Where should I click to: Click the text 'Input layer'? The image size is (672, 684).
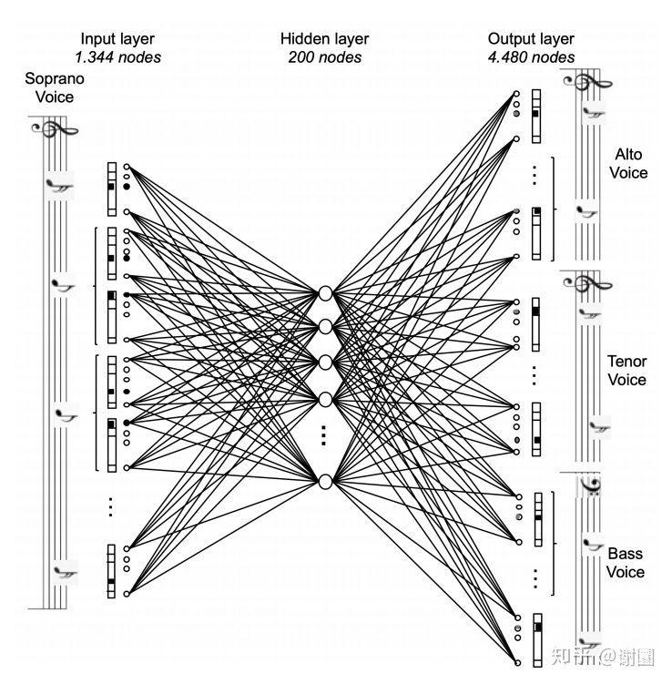(117, 38)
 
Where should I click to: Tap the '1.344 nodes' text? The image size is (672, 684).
(117, 56)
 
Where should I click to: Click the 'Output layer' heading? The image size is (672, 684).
(531, 38)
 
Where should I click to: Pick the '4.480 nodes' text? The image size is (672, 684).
(531, 56)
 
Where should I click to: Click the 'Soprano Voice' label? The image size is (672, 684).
(48, 87)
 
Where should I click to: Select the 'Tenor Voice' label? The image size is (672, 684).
(626, 370)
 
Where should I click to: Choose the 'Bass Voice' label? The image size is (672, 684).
(626, 563)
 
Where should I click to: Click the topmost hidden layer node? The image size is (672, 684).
(324, 293)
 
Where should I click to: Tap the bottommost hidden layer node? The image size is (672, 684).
(324, 480)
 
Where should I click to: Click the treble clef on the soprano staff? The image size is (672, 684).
(47, 130)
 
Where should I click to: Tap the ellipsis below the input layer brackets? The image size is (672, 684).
(111, 506)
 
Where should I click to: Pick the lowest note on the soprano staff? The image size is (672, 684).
(64, 573)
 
